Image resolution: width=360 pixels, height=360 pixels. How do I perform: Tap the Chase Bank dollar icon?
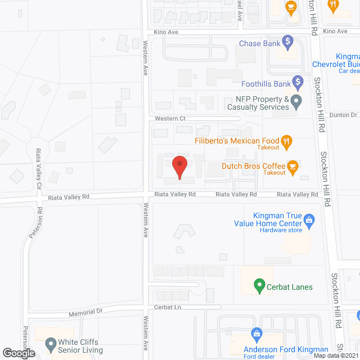click(288, 41)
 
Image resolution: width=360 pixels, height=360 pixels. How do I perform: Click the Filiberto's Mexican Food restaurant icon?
click(287, 141)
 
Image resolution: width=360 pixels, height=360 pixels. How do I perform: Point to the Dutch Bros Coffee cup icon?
click(292, 166)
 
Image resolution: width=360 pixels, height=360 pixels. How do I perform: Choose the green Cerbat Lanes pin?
click(259, 285)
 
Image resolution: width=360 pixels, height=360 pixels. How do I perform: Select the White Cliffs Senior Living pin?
click(51, 343)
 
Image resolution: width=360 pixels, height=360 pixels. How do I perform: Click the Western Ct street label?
click(170, 119)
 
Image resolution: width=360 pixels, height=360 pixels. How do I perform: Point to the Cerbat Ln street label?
click(167, 308)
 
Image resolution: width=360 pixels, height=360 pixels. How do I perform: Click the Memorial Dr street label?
click(86, 311)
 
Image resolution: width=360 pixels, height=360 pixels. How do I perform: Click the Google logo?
click(19, 353)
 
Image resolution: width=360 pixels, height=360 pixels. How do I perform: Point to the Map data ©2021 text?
click(335, 355)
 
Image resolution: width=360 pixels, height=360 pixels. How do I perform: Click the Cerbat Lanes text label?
click(290, 287)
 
